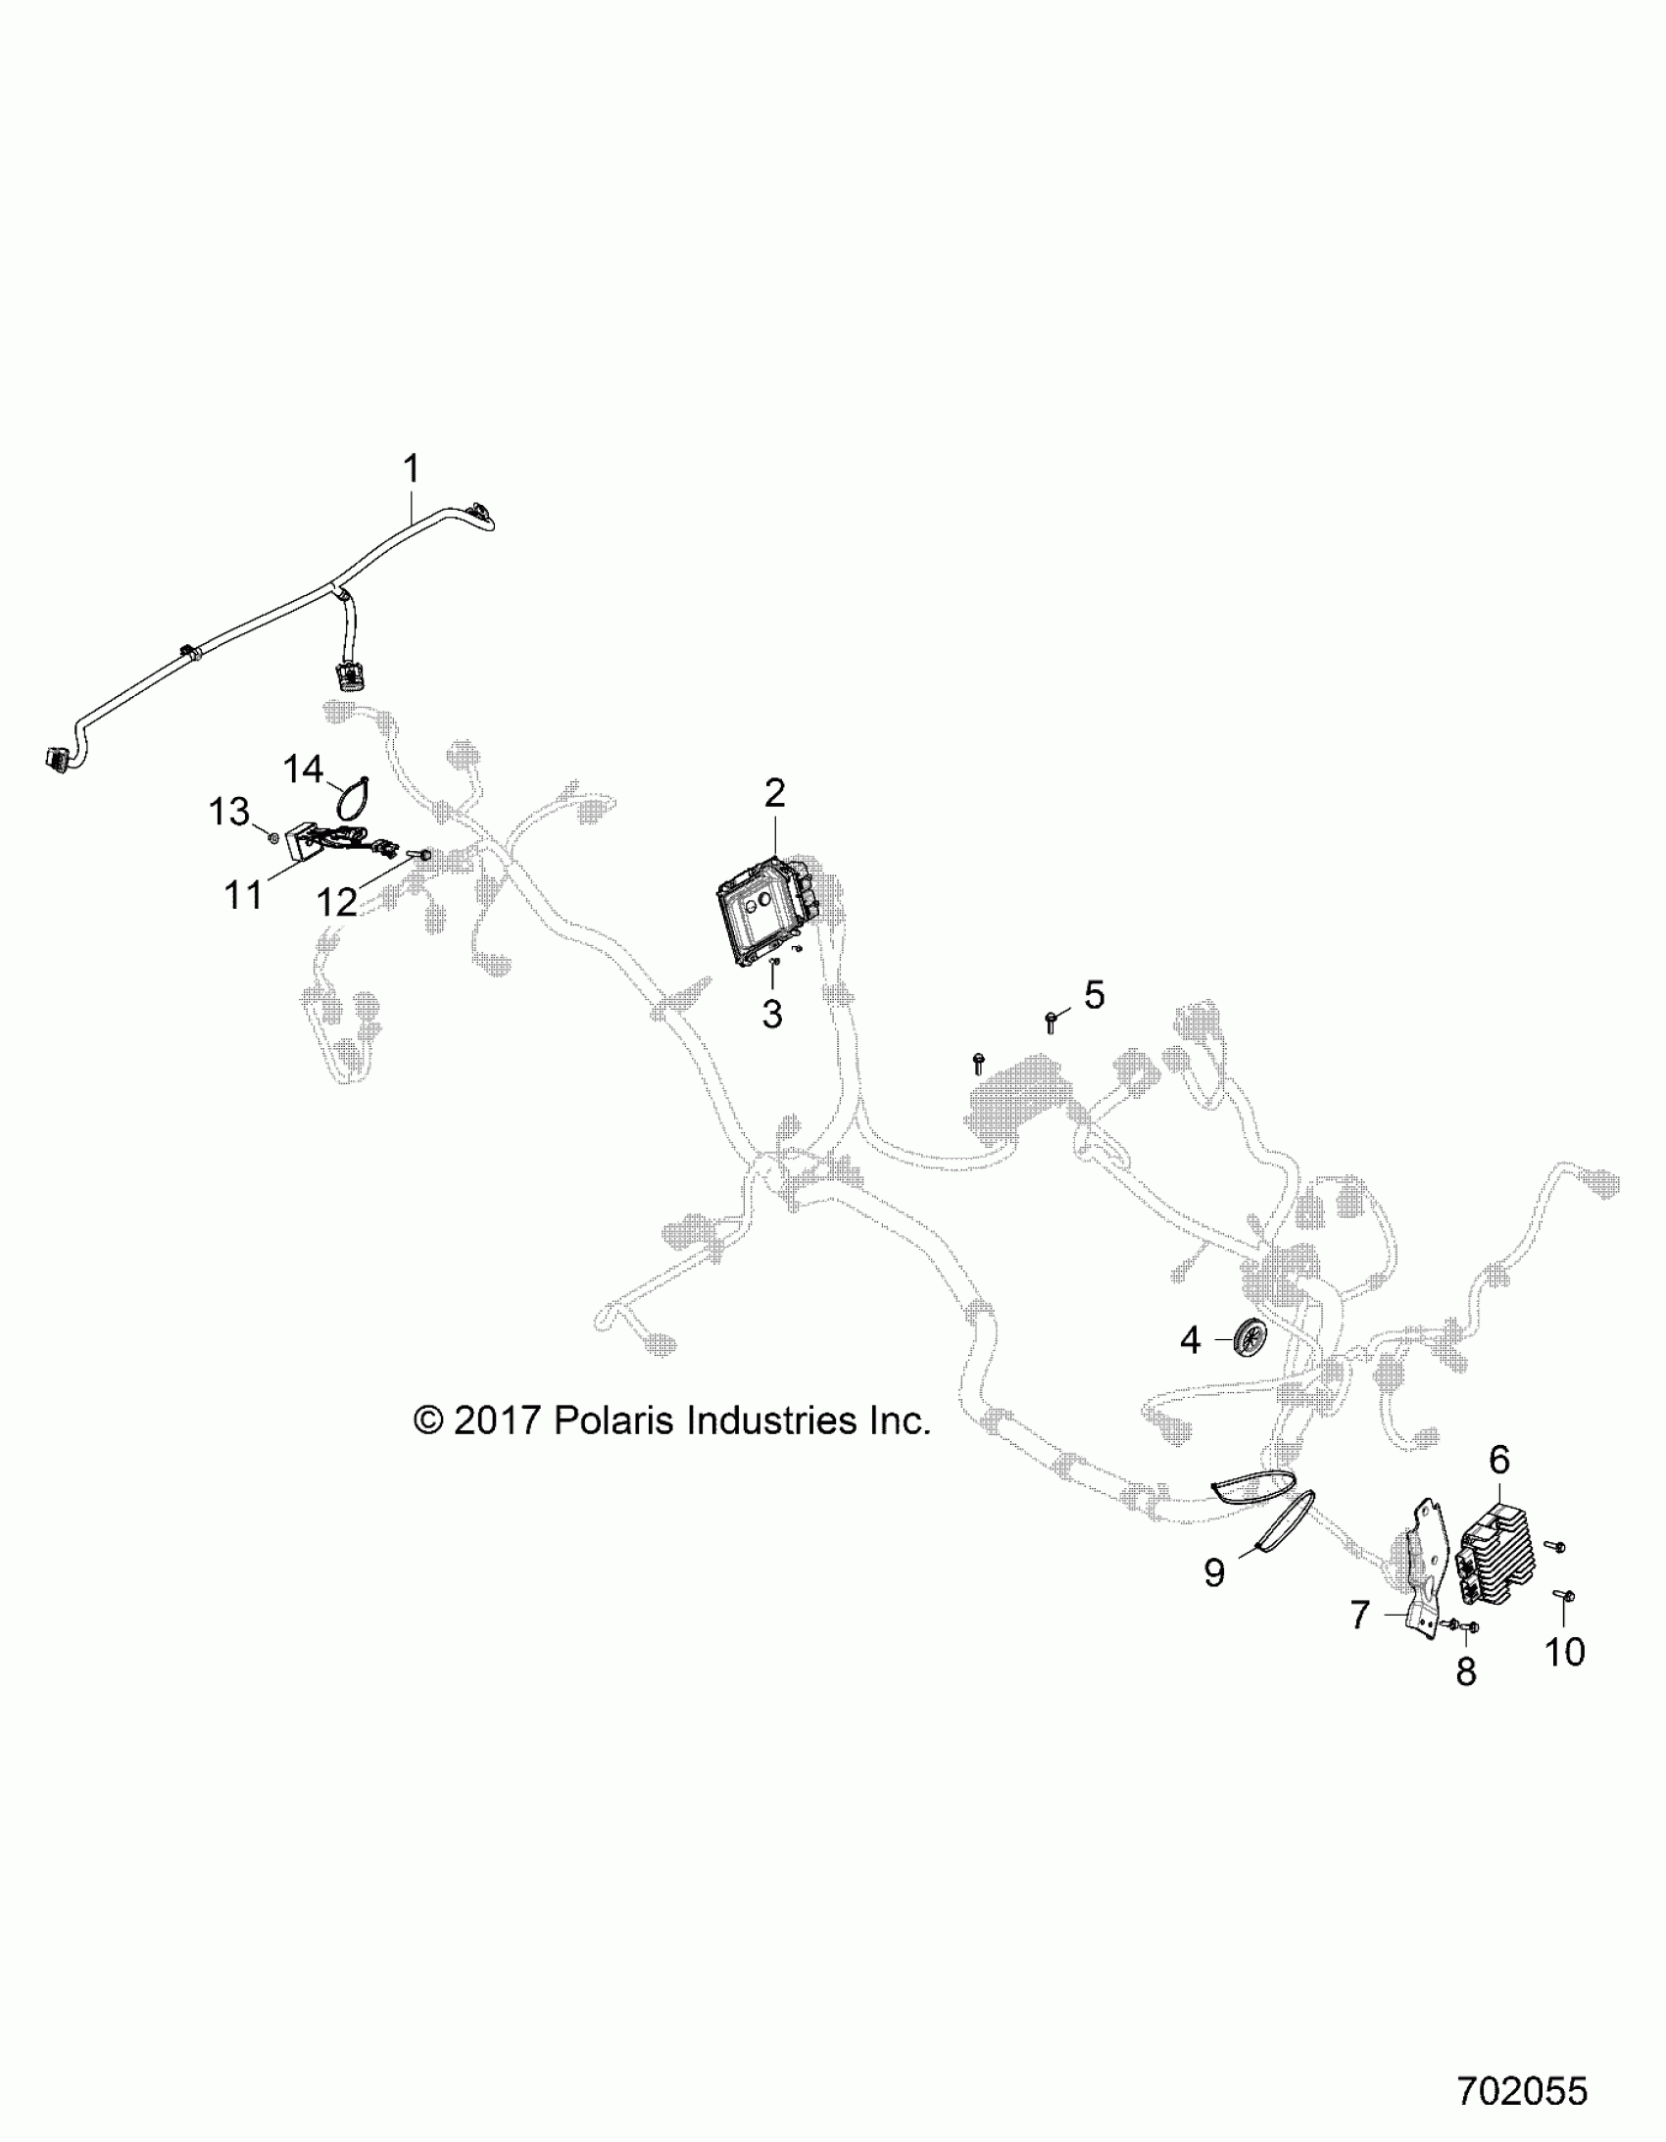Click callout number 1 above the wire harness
(x=412, y=467)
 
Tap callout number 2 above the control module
(x=774, y=792)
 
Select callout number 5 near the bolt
(x=1094, y=994)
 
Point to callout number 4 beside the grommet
(x=1190, y=1339)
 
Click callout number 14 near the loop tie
(x=303, y=769)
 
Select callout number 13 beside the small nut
(x=229, y=812)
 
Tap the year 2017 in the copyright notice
(x=498, y=1420)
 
